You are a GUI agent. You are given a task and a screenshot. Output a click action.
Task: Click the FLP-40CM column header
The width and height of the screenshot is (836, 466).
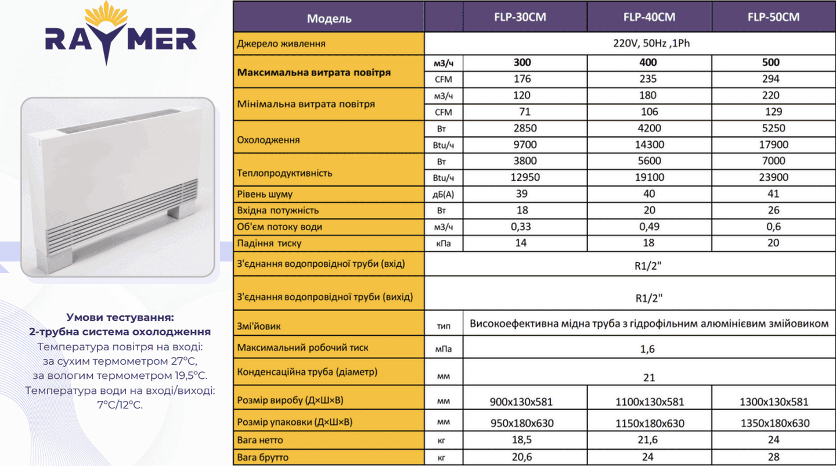(x=649, y=17)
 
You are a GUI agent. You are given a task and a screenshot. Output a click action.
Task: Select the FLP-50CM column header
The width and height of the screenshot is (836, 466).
(x=773, y=17)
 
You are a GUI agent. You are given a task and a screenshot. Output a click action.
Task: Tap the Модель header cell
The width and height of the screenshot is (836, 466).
(x=329, y=18)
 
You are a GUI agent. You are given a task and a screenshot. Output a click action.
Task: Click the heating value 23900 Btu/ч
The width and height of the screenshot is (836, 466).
(x=773, y=177)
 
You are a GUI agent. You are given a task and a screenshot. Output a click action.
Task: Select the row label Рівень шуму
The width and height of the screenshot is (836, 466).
(x=265, y=194)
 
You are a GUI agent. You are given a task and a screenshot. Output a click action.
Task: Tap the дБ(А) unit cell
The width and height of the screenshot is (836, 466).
(x=444, y=195)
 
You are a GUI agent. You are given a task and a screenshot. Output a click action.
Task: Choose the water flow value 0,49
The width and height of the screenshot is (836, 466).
(x=648, y=227)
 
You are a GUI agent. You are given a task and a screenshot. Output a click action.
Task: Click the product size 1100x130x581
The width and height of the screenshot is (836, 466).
(x=649, y=402)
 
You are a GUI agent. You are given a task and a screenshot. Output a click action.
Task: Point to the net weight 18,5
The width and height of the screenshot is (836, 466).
(x=521, y=440)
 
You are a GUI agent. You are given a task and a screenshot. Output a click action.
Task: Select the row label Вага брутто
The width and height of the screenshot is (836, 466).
(x=263, y=457)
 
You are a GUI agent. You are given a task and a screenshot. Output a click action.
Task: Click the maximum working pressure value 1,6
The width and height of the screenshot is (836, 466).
(x=648, y=349)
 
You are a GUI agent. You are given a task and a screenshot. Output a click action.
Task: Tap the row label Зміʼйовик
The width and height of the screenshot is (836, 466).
(x=259, y=326)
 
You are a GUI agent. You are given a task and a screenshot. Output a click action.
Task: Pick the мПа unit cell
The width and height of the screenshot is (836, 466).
(x=444, y=349)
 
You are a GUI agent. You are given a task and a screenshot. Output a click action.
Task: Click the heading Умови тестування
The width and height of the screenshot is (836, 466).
(x=120, y=317)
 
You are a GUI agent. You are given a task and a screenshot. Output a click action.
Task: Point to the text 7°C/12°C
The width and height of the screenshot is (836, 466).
(x=120, y=404)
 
